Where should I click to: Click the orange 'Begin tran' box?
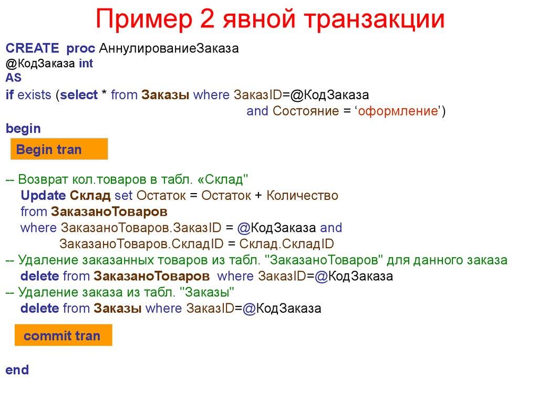(59, 150)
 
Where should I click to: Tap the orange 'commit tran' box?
(62, 336)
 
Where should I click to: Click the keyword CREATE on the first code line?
(32, 48)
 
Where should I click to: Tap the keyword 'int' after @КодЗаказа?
(86, 63)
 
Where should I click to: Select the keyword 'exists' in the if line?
(35, 95)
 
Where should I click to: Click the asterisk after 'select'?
(105, 95)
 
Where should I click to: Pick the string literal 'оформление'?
(398, 111)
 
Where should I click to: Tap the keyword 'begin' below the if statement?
(23, 128)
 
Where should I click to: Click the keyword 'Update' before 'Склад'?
(43, 196)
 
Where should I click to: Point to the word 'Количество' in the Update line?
(302, 196)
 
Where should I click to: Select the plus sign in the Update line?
(258, 196)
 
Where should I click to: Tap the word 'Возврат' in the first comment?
(40, 179)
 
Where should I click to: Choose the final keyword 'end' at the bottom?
(17, 370)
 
